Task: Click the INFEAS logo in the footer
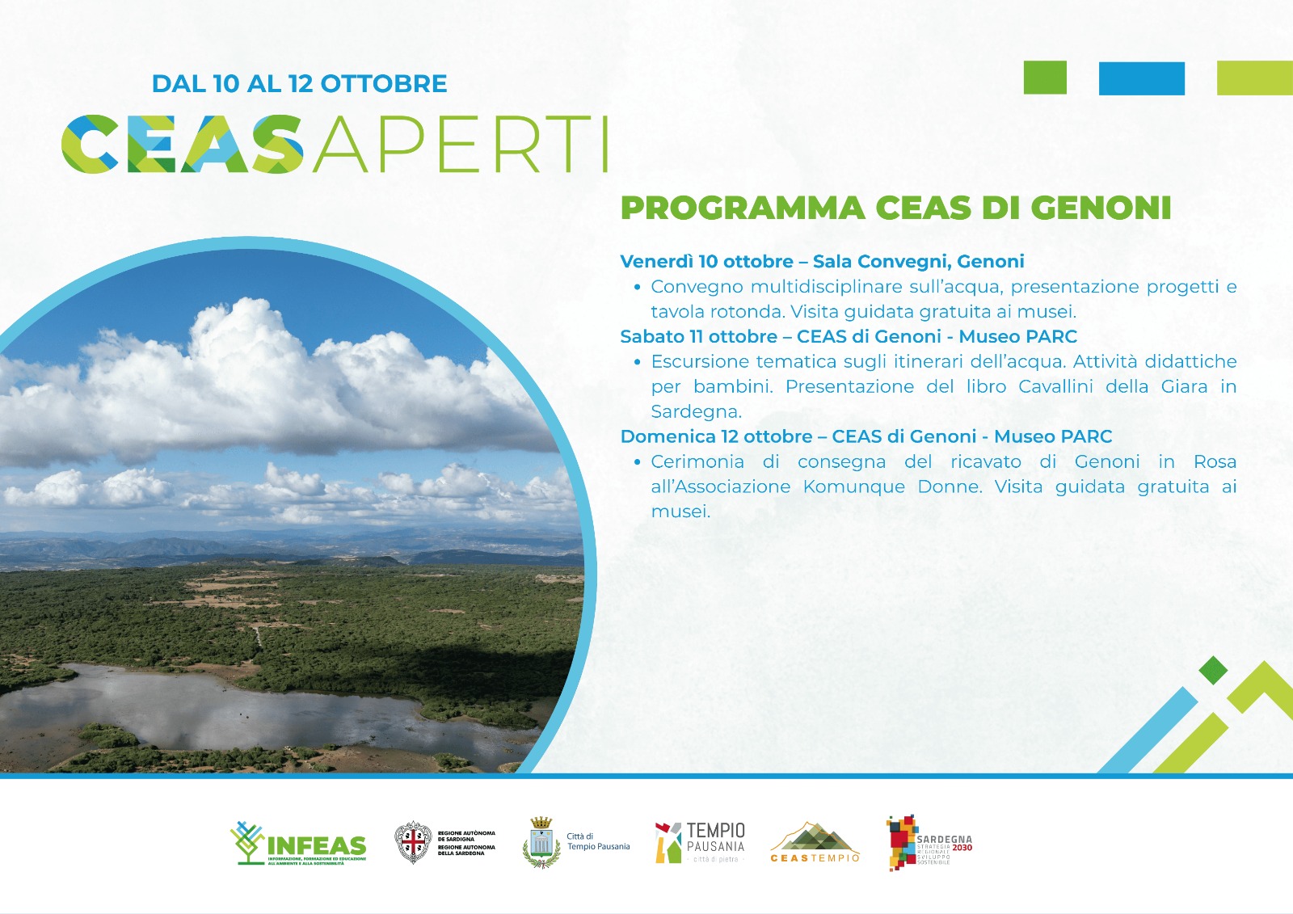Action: pyautogui.click(x=298, y=844)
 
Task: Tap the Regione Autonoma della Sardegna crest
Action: pyautogui.click(x=413, y=843)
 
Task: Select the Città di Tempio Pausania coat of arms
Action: pyautogui.click(x=541, y=842)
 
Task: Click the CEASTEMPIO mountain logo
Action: pyautogui.click(x=815, y=843)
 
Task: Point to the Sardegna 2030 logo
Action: pyautogui.click(x=929, y=844)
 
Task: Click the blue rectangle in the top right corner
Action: pyautogui.click(x=1141, y=78)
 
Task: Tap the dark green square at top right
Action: pyautogui.click(x=1045, y=78)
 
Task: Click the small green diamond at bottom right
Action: pyautogui.click(x=1213, y=670)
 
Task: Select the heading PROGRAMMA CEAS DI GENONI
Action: pyautogui.click(x=895, y=208)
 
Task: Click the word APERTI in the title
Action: pyautogui.click(x=461, y=145)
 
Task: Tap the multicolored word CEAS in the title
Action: pyautogui.click(x=184, y=145)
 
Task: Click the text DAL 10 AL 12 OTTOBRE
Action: pyautogui.click(x=299, y=83)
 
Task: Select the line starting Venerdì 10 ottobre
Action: pyautogui.click(x=822, y=261)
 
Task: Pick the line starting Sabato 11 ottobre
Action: pyautogui.click(x=849, y=336)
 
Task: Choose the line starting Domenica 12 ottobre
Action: pyautogui.click(x=866, y=436)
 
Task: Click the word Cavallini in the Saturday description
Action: pyautogui.click(x=1055, y=386)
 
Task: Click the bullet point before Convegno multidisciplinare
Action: pyautogui.click(x=638, y=287)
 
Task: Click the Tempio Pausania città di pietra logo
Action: pyautogui.click(x=700, y=843)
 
